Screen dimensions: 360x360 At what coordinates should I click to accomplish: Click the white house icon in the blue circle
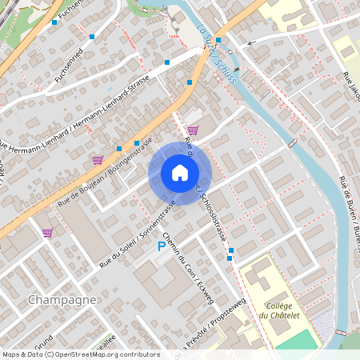pos(180,173)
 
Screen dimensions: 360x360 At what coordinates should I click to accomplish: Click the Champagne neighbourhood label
pos(62,299)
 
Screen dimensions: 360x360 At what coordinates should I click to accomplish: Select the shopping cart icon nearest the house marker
pos(193,130)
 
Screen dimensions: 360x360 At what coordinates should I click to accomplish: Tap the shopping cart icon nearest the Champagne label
pos(48,233)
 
